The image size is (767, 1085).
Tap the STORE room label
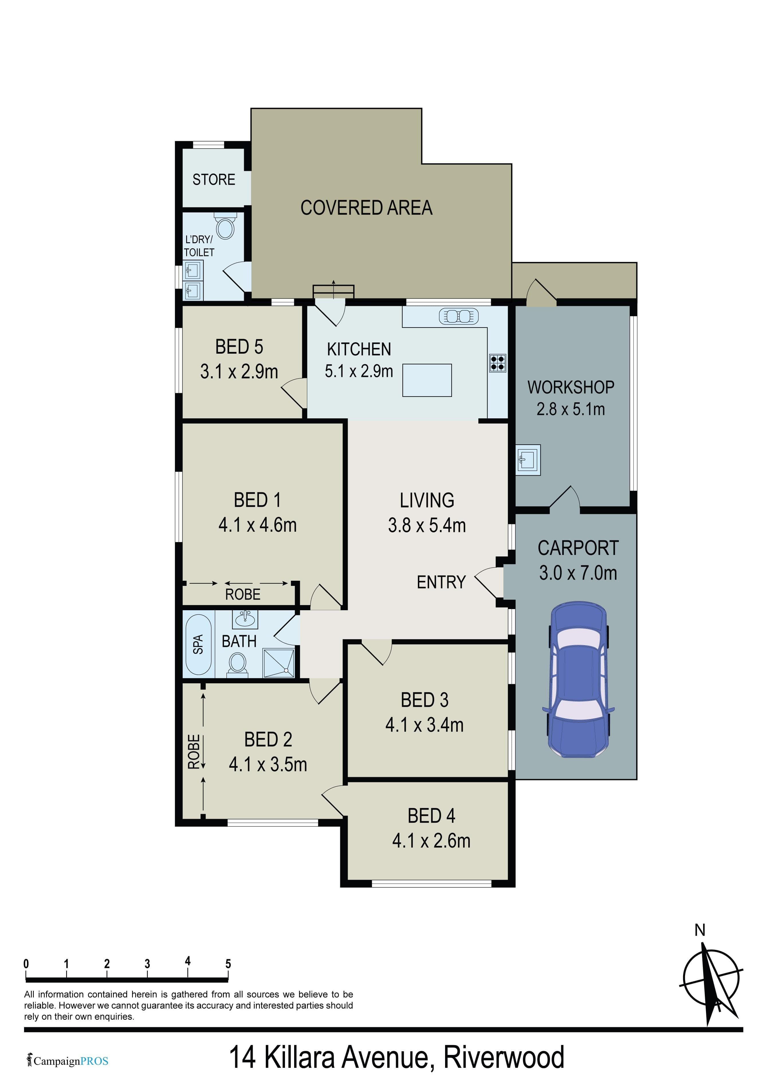click(x=214, y=180)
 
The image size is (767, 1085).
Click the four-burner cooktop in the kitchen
click(x=497, y=363)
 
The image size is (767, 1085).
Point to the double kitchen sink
click(x=459, y=316)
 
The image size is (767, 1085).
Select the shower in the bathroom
click(x=279, y=663)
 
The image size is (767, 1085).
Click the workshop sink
click(x=528, y=459)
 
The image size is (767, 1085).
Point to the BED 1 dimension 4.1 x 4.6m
click(x=257, y=525)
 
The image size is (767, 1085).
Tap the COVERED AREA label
click(x=366, y=208)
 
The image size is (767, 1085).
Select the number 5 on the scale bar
click(x=228, y=964)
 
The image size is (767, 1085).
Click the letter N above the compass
click(x=700, y=930)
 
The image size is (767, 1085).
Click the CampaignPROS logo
click(x=68, y=1061)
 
